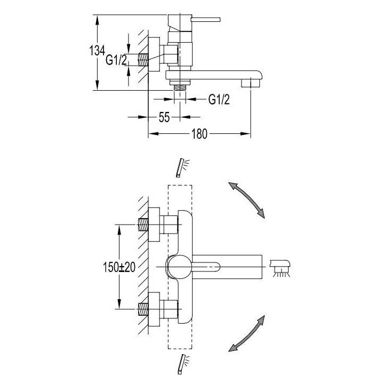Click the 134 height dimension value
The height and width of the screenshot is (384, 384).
(x=97, y=51)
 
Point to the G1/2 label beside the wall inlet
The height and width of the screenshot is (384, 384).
(x=116, y=60)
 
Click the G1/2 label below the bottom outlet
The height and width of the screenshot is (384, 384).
(x=219, y=99)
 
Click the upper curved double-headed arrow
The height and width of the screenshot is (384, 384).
(x=247, y=198)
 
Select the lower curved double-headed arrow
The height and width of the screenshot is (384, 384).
(x=247, y=333)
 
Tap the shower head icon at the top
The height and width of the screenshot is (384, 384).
(x=183, y=167)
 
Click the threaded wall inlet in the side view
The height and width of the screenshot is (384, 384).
(x=143, y=59)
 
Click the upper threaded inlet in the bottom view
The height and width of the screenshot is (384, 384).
(x=143, y=223)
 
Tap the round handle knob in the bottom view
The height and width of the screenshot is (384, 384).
(x=178, y=266)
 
